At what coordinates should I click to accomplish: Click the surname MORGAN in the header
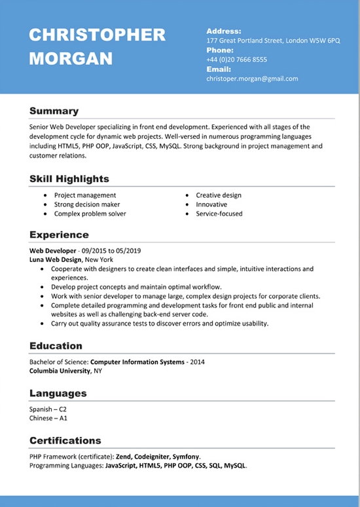[71, 58]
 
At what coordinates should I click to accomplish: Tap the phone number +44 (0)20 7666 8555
[236, 60]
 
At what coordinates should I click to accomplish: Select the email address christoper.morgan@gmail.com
[252, 79]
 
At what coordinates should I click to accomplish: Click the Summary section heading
[54, 111]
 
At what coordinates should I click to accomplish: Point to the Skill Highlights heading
[69, 179]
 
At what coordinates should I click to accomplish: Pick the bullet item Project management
[85, 195]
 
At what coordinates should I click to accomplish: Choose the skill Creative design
[219, 195]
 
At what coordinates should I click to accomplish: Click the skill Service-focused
[219, 214]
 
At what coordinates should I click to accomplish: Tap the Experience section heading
[59, 235]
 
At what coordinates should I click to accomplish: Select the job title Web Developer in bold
[52, 251]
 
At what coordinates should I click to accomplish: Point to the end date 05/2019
[129, 251]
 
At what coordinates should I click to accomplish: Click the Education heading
[56, 346]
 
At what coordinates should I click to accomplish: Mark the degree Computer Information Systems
[137, 362]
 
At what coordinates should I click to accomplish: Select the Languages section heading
[58, 393]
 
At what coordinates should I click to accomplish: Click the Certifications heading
[65, 440]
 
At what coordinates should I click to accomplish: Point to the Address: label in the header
[224, 31]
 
